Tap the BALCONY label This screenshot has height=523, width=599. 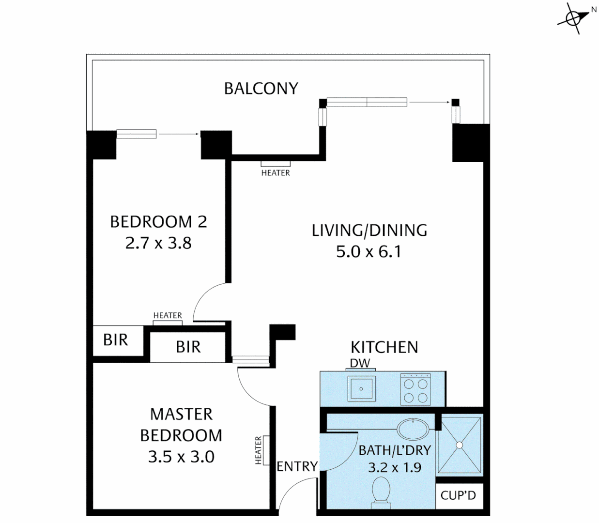[x=261, y=89]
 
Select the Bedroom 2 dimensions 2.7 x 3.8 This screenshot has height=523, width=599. [x=158, y=243]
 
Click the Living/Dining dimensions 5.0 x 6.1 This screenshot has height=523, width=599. [x=369, y=252]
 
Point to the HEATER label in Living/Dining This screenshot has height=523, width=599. [x=276, y=173]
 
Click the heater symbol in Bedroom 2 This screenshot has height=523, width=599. [x=168, y=323]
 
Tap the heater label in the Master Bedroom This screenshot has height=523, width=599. [x=258, y=450]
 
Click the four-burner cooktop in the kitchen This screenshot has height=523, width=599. [x=415, y=390]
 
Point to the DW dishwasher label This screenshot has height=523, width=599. [x=360, y=363]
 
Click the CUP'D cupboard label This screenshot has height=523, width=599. [x=459, y=495]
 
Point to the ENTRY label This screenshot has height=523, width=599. [x=297, y=466]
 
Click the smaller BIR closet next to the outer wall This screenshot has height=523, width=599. [x=116, y=340]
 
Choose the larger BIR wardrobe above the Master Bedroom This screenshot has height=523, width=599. [x=188, y=347]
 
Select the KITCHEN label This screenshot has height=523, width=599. [x=384, y=347]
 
